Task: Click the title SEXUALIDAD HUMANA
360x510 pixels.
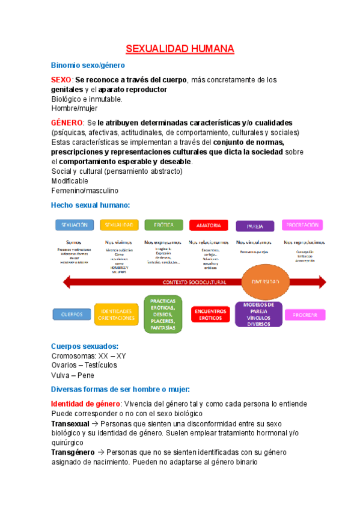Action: (180, 49)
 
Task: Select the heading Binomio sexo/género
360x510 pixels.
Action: (88, 65)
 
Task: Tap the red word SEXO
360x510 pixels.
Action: (61, 80)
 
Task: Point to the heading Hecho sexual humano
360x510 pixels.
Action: (91, 206)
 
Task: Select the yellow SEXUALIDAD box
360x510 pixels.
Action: (119, 225)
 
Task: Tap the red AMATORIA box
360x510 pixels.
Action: (209, 226)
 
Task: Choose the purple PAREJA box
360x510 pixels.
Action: (255, 226)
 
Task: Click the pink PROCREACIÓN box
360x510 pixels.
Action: (302, 225)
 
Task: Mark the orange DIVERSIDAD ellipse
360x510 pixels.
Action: (264, 281)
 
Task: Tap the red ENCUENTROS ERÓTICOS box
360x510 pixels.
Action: (210, 314)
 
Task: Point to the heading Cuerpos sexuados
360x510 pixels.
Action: (85, 346)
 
